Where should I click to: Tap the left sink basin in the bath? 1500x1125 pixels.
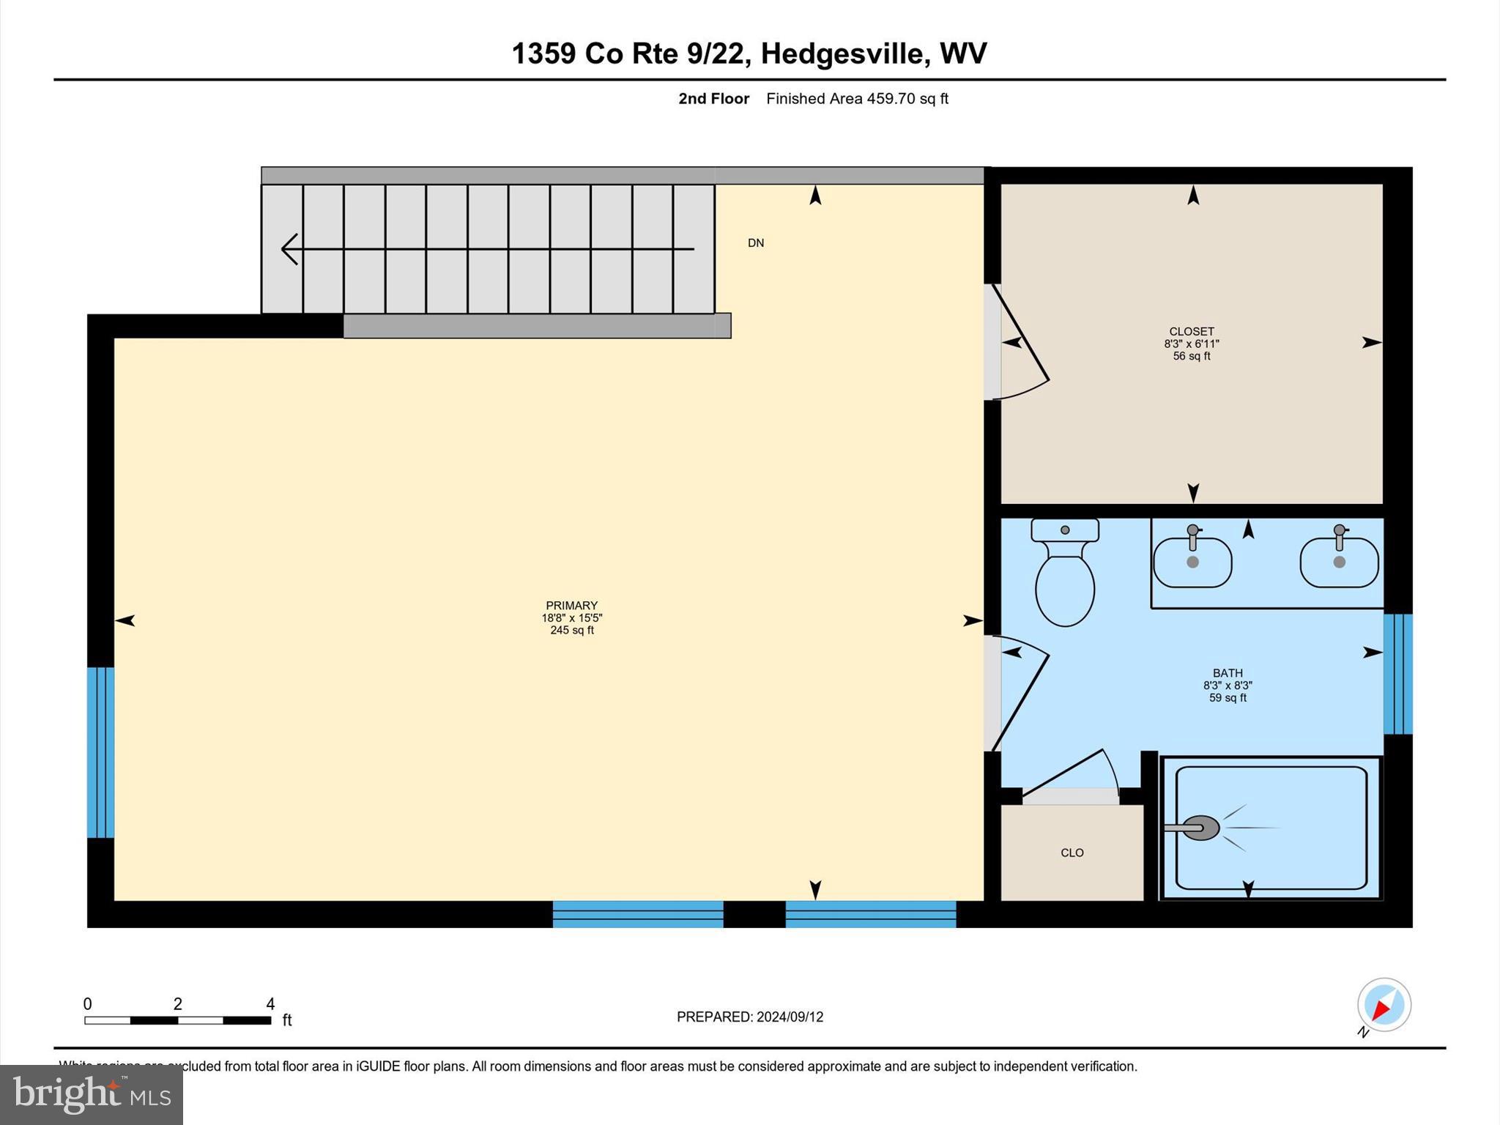pyautogui.click(x=1192, y=562)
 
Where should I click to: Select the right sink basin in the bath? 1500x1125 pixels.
pyautogui.click(x=1339, y=562)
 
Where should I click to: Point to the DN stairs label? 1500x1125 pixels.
pyautogui.click(x=756, y=243)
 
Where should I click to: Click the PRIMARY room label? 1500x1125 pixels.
pyautogui.click(x=571, y=606)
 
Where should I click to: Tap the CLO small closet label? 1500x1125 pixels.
pyautogui.click(x=1072, y=853)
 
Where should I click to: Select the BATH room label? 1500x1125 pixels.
pyautogui.click(x=1228, y=673)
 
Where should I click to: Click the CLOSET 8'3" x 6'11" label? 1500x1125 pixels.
pyautogui.click(x=1192, y=343)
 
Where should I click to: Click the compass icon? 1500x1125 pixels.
pyautogui.click(x=1384, y=1005)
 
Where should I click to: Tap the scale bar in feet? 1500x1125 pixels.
pyautogui.click(x=178, y=1020)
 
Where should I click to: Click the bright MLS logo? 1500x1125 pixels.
pyautogui.click(x=92, y=1094)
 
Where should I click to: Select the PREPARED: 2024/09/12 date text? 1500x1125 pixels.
pyautogui.click(x=750, y=1017)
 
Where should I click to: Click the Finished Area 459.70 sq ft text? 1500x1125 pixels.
pyautogui.click(x=857, y=99)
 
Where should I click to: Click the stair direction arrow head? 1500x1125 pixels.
pyautogui.click(x=289, y=249)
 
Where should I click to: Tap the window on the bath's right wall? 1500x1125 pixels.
pyautogui.click(x=1397, y=674)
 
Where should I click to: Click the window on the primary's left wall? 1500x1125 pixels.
pyautogui.click(x=100, y=752)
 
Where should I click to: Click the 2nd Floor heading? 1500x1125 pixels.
pyautogui.click(x=713, y=99)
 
